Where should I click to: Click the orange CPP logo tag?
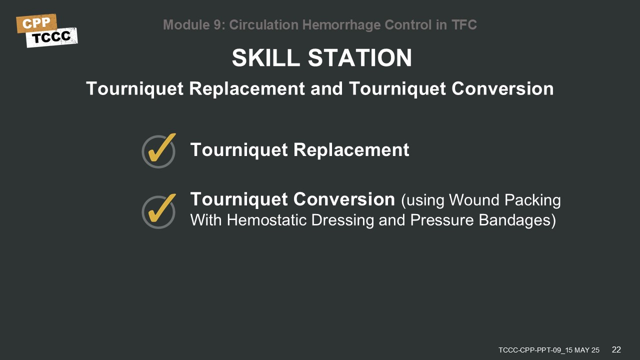point(36,23)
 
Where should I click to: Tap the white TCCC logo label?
point(51,37)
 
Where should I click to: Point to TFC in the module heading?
point(464,25)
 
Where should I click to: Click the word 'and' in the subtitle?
point(326,88)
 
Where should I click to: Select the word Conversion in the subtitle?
point(502,88)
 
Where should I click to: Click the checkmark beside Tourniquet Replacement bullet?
point(159,150)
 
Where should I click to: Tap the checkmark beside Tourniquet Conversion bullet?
point(159,211)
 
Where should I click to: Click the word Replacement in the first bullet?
point(351,149)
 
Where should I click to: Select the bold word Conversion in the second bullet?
point(344,199)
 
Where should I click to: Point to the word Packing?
point(532,200)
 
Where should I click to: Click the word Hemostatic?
point(266,220)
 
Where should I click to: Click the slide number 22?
point(616,349)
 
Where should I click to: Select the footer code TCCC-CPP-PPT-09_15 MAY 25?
point(549,350)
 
